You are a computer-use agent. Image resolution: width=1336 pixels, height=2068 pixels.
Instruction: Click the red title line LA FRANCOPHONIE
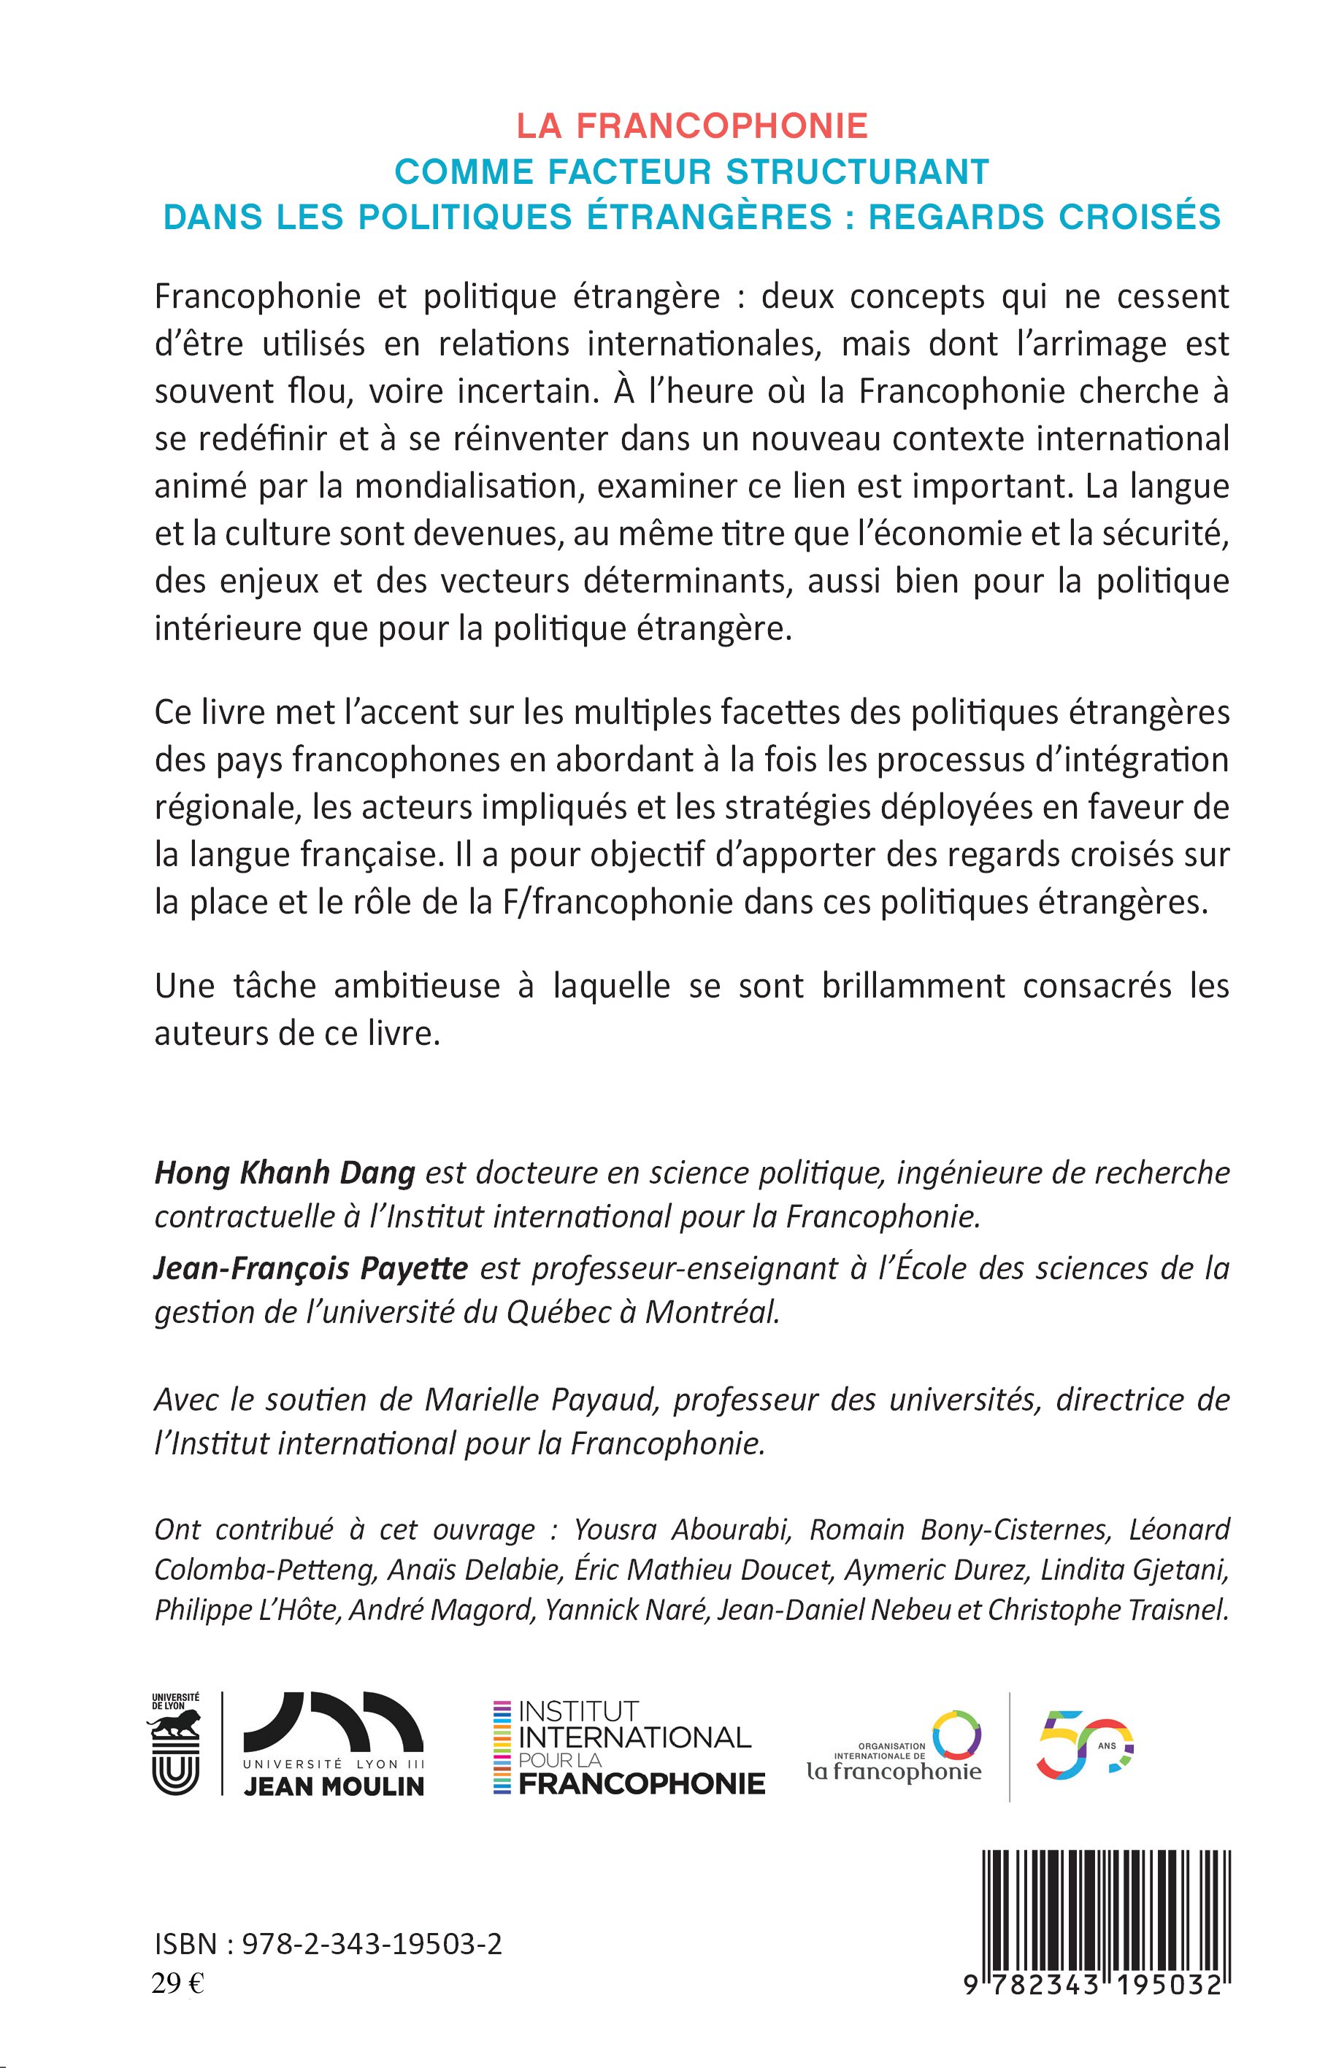click(692, 126)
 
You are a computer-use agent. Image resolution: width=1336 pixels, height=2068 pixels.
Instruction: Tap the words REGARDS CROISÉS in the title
click(1045, 217)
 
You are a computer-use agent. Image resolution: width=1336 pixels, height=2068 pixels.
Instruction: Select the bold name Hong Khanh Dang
click(285, 1173)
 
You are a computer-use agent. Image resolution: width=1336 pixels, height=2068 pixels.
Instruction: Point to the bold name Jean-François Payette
click(310, 1268)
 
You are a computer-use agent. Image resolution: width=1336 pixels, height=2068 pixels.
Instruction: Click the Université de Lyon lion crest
click(176, 1745)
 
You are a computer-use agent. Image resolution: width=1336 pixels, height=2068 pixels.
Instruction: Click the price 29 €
click(178, 1984)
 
